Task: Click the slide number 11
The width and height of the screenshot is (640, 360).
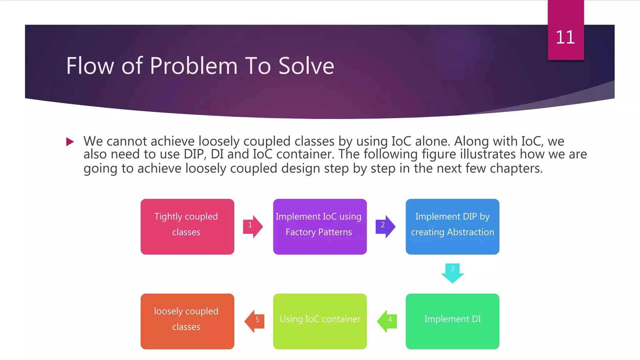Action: tap(565, 37)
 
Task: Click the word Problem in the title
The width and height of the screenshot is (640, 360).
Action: tap(194, 66)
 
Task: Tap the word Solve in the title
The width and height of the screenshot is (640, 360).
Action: tap(306, 66)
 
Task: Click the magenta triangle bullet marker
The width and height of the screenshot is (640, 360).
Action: tap(70, 142)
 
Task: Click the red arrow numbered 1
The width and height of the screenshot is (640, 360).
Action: tap(253, 226)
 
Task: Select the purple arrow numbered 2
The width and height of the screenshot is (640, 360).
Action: tap(385, 226)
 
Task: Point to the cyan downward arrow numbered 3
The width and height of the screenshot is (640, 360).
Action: tap(452, 273)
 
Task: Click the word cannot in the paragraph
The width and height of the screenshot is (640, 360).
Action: tap(127, 142)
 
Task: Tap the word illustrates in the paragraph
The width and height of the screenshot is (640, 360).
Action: tap(488, 154)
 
